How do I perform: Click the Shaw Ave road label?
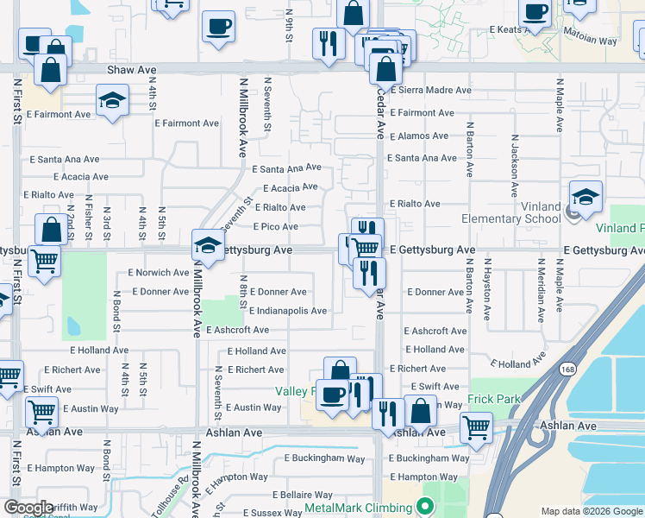tap(132, 69)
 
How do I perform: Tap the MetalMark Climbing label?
tap(360, 506)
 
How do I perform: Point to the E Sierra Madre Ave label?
tap(430, 90)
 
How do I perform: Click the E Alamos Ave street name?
tap(419, 136)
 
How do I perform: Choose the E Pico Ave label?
tap(275, 227)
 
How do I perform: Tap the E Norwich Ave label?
tap(158, 273)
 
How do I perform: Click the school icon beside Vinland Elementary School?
tap(586, 198)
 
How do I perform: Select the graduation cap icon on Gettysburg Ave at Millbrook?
tap(207, 247)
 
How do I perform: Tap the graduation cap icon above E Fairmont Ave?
tap(112, 101)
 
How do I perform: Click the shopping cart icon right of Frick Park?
tap(476, 426)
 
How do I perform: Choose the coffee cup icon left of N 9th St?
tap(218, 26)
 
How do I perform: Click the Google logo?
tap(28, 508)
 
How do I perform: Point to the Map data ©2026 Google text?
tap(591, 511)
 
